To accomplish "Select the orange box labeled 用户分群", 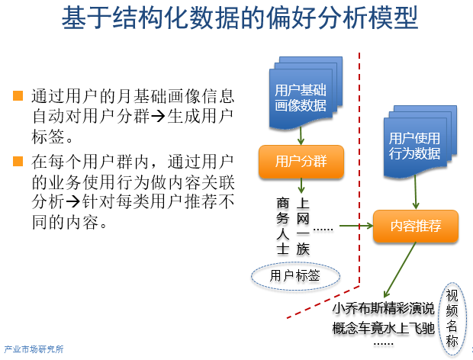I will (x=301, y=161).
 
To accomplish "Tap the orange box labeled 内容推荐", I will (x=416, y=226).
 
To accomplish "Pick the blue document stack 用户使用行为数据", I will (x=415, y=145).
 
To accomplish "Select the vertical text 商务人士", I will (x=283, y=226).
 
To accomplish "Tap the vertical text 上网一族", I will (x=303, y=226).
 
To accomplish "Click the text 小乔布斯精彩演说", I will (x=383, y=309).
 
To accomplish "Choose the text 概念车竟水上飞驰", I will (x=383, y=328).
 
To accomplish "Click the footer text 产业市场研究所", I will (x=34, y=349).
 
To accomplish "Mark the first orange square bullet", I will (x=18, y=96).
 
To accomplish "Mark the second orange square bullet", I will (x=18, y=162).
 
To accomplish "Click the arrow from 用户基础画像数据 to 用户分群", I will (x=301, y=135).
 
